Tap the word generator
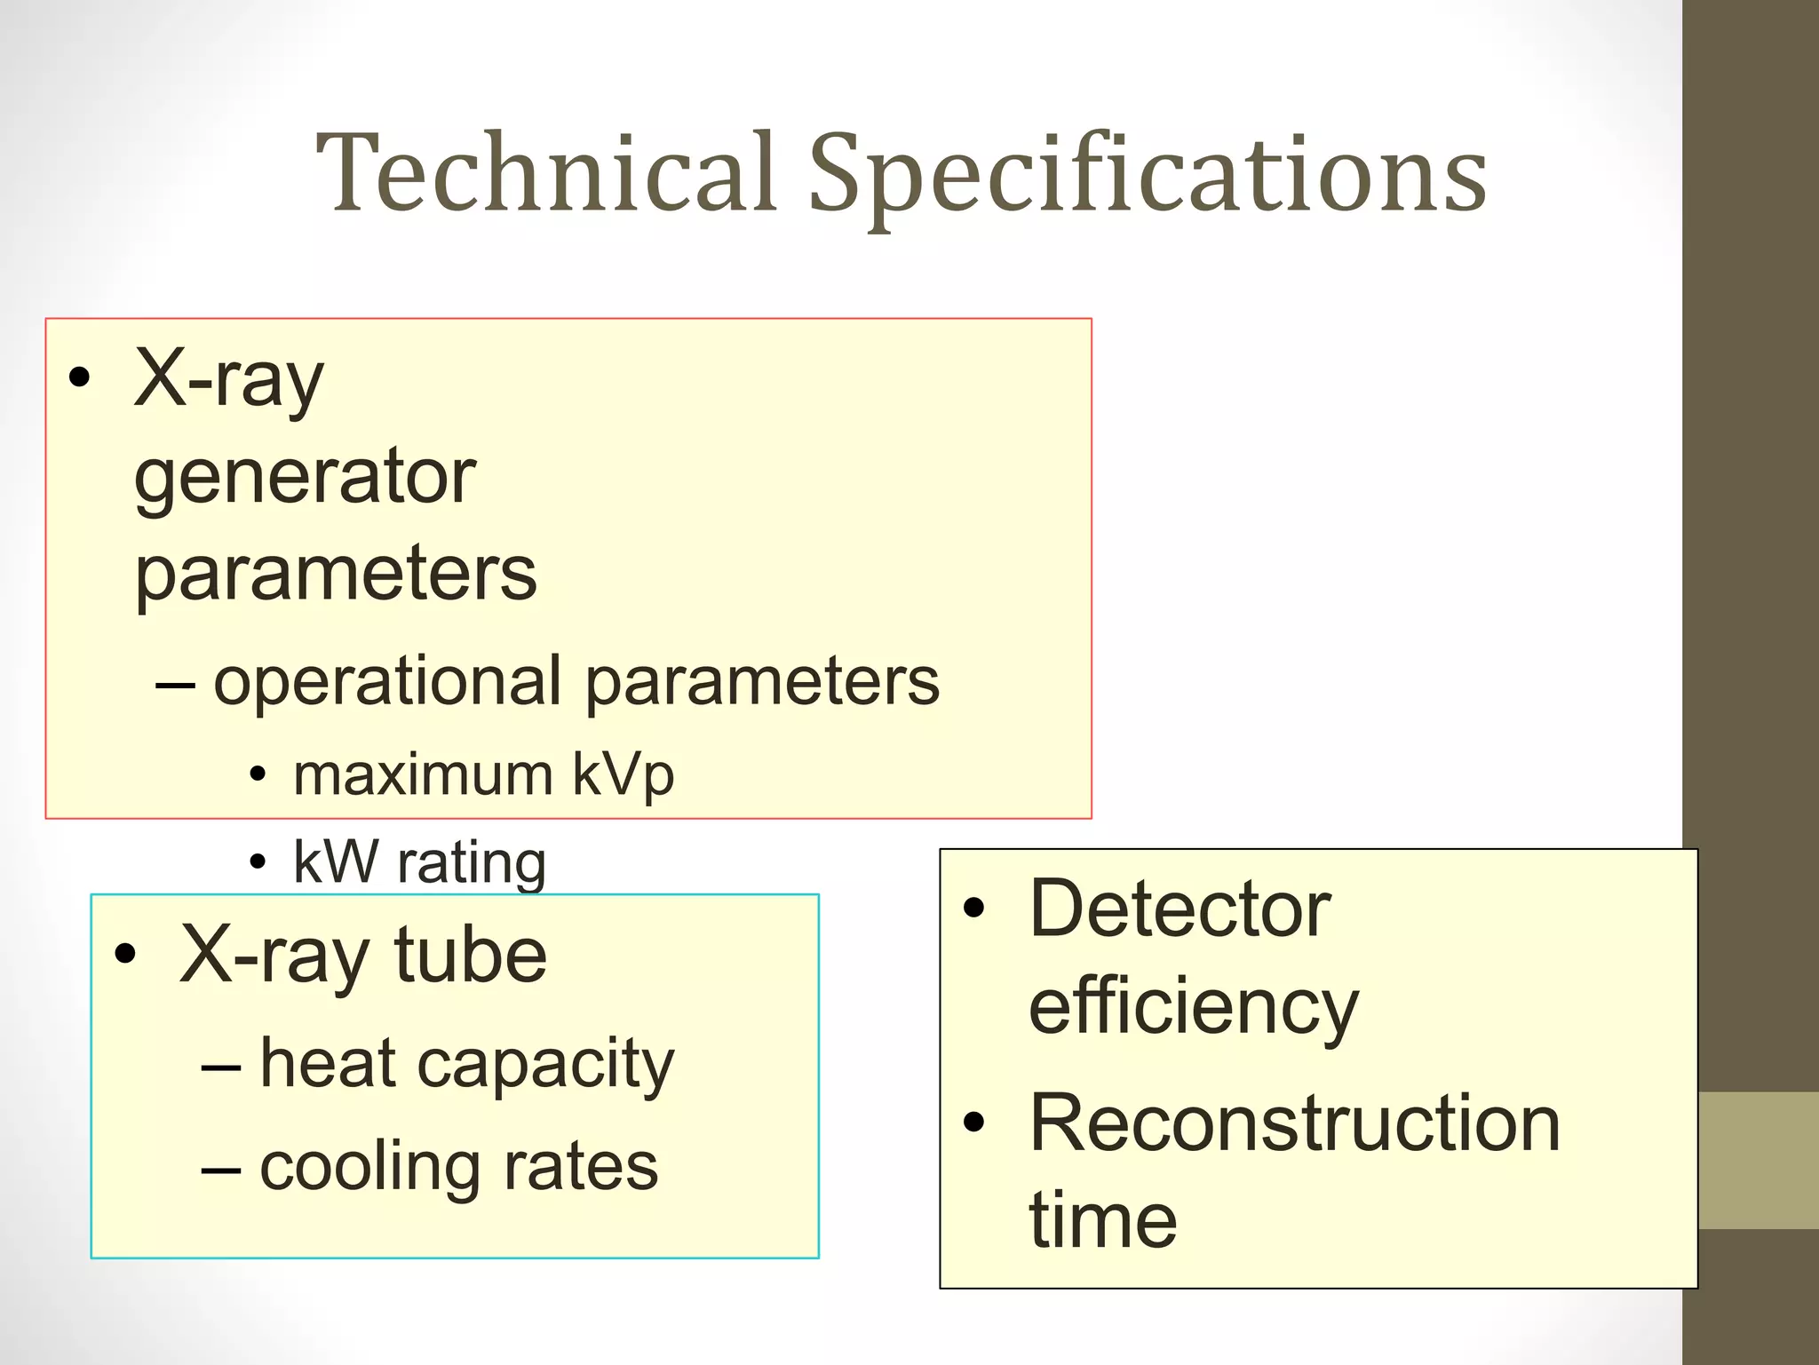pos(305,480)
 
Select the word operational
pos(387,682)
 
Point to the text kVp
pos(623,776)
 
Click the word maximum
pos(423,774)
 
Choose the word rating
pos(471,863)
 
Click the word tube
pos(470,956)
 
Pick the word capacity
pos(545,1066)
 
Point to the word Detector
pos(1180,909)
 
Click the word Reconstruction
pos(1294,1124)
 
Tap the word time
pos(1102,1221)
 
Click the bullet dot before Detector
pos(974,908)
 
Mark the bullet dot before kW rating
pos(258,861)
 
